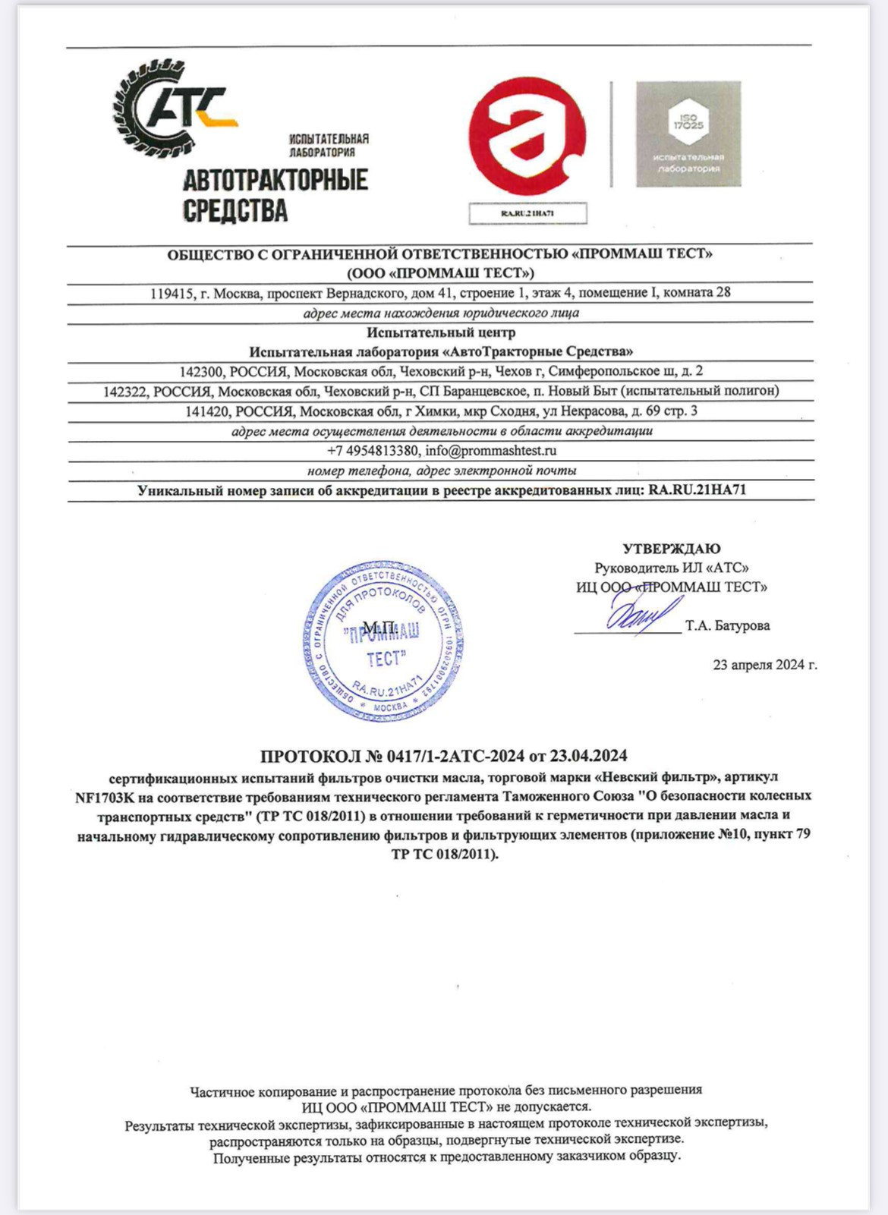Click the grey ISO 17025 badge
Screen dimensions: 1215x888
coord(688,134)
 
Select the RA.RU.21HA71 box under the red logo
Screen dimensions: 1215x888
coord(527,213)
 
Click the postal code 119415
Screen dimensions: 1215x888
coord(172,292)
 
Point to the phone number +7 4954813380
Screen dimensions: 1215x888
coord(373,450)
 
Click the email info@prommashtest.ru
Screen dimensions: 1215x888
coord(491,450)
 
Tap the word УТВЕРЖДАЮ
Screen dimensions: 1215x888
coord(672,548)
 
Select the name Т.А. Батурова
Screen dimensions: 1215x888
coord(727,625)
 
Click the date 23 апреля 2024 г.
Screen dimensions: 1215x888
coord(764,665)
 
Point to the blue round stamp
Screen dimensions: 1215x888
coord(383,641)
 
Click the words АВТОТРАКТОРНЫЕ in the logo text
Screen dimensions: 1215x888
coord(276,180)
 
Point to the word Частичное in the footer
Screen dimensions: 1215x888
coord(222,1091)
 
